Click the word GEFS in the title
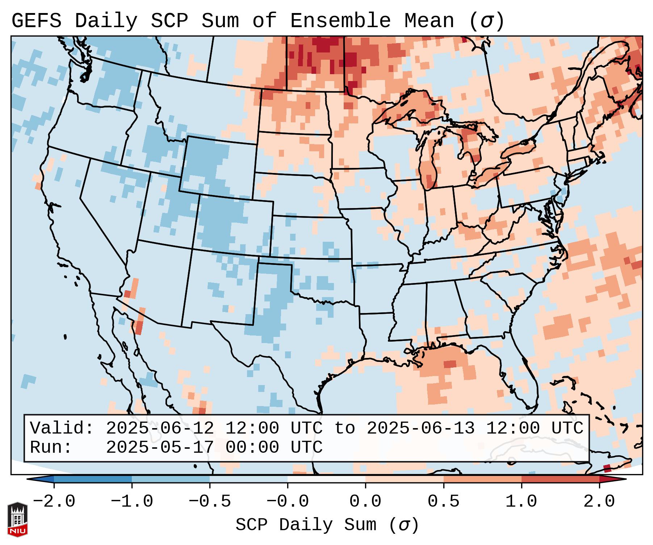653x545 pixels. (36, 21)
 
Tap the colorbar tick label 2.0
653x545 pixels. (599, 502)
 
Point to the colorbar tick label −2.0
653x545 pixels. (54, 502)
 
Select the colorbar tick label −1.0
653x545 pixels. (132, 502)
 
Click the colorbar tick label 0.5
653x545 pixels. (443, 502)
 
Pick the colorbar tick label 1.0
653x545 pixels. (521, 502)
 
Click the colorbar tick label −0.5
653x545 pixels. (210, 502)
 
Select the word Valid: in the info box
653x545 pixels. (62, 428)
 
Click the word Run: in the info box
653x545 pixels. (51, 447)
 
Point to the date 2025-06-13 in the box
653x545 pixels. (420, 428)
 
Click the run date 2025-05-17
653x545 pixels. (160, 447)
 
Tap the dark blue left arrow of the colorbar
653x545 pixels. (40, 479)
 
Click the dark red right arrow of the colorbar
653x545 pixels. (613, 479)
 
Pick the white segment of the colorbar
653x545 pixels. (326, 479)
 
